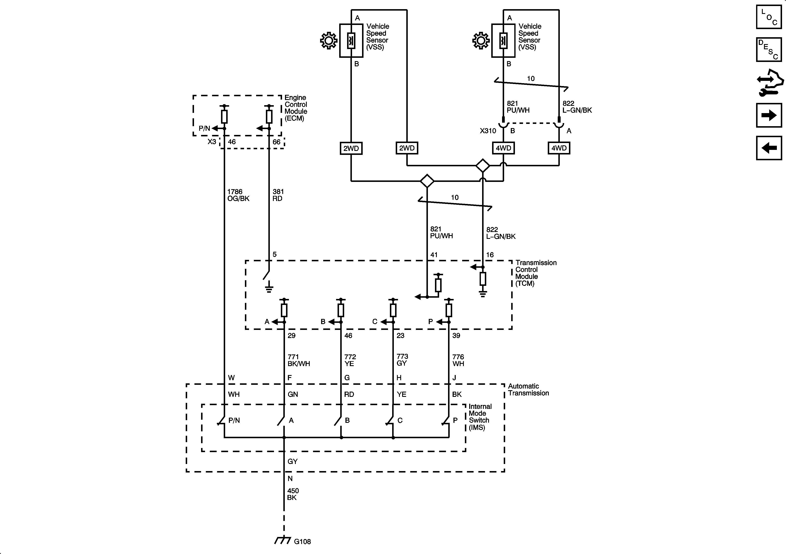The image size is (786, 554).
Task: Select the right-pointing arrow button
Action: click(x=769, y=115)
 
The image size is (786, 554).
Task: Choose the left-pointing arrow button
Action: click(x=769, y=148)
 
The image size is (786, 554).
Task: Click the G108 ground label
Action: click(x=302, y=542)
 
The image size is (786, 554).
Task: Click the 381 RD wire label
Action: click(x=278, y=195)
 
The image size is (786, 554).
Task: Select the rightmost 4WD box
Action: click(x=559, y=148)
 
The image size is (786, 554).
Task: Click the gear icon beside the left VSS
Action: click(x=328, y=41)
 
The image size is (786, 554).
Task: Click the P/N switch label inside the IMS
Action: click(x=234, y=420)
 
